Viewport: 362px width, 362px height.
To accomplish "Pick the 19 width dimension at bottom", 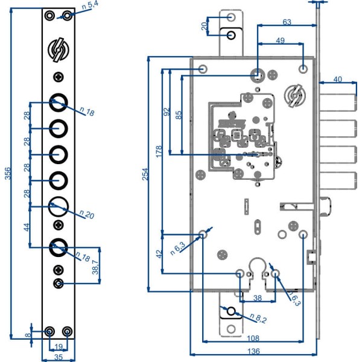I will tap(59, 346).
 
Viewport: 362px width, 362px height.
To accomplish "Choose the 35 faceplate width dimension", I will tap(59, 357).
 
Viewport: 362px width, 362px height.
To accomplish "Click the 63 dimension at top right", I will tap(287, 22).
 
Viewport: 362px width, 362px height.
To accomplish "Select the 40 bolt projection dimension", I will tap(337, 79).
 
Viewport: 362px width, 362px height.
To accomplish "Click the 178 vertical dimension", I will tap(159, 151).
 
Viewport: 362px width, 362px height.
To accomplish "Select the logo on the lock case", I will tap(296, 95).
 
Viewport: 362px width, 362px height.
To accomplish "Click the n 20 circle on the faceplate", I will tap(58, 206).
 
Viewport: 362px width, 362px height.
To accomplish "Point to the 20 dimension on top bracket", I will tap(205, 26).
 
